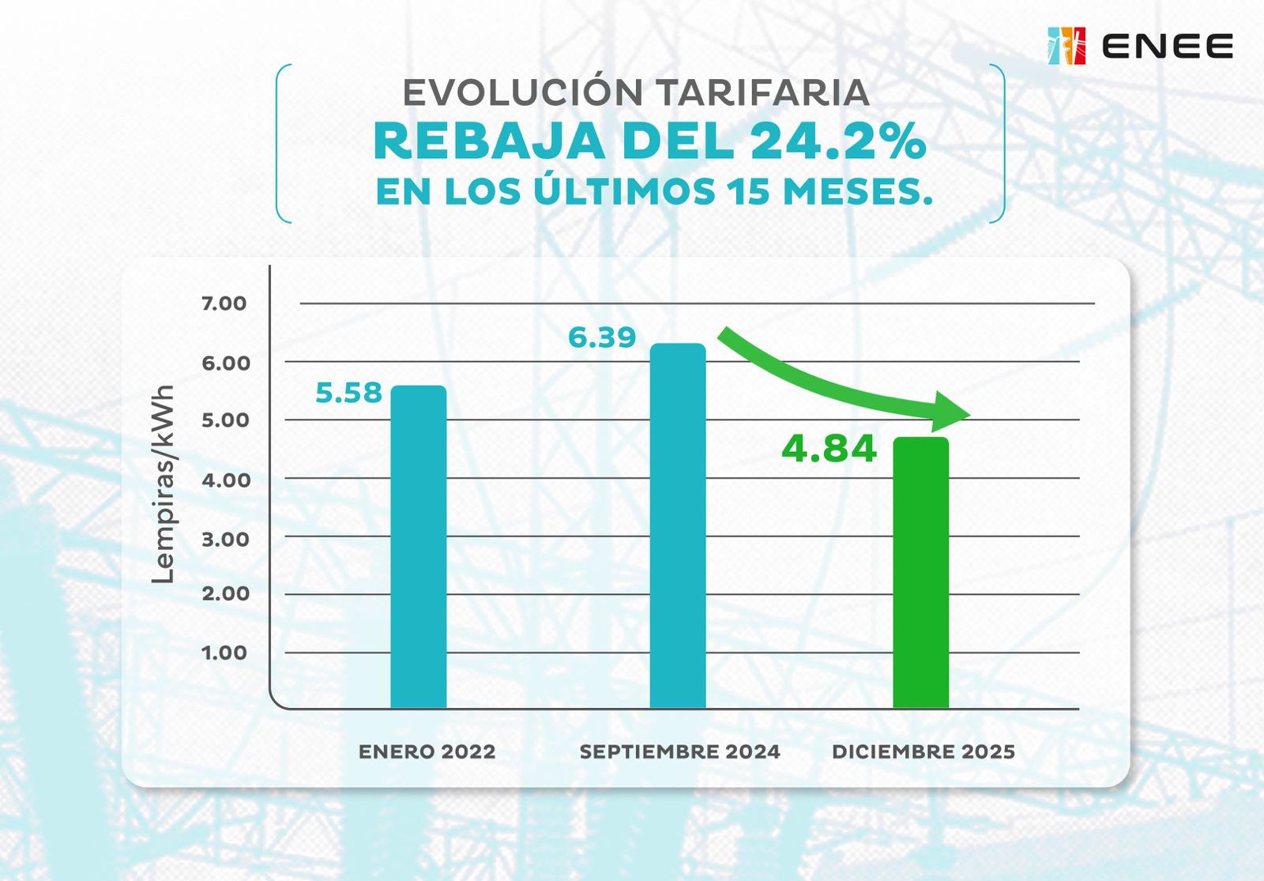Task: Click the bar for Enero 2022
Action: click(419, 547)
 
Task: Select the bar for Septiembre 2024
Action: click(678, 525)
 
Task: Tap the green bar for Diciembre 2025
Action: click(920, 572)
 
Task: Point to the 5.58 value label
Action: click(348, 393)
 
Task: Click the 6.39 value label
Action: click(602, 337)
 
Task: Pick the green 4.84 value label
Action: click(829, 449)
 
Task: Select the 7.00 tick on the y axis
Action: click(224, 303)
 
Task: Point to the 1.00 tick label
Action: click(224, 653)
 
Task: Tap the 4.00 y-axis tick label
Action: click(225, 480)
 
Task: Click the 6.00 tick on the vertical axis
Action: click(225, 363)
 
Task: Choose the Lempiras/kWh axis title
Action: click(163, 484)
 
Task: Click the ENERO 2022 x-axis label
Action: click(427, 751)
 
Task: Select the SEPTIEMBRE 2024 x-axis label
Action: click(679, 751)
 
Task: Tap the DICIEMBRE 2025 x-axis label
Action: click(923, 751)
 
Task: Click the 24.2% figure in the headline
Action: click(837, 142)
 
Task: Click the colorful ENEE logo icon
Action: click(1066, 46)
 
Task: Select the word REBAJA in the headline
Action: click(488, 142)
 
